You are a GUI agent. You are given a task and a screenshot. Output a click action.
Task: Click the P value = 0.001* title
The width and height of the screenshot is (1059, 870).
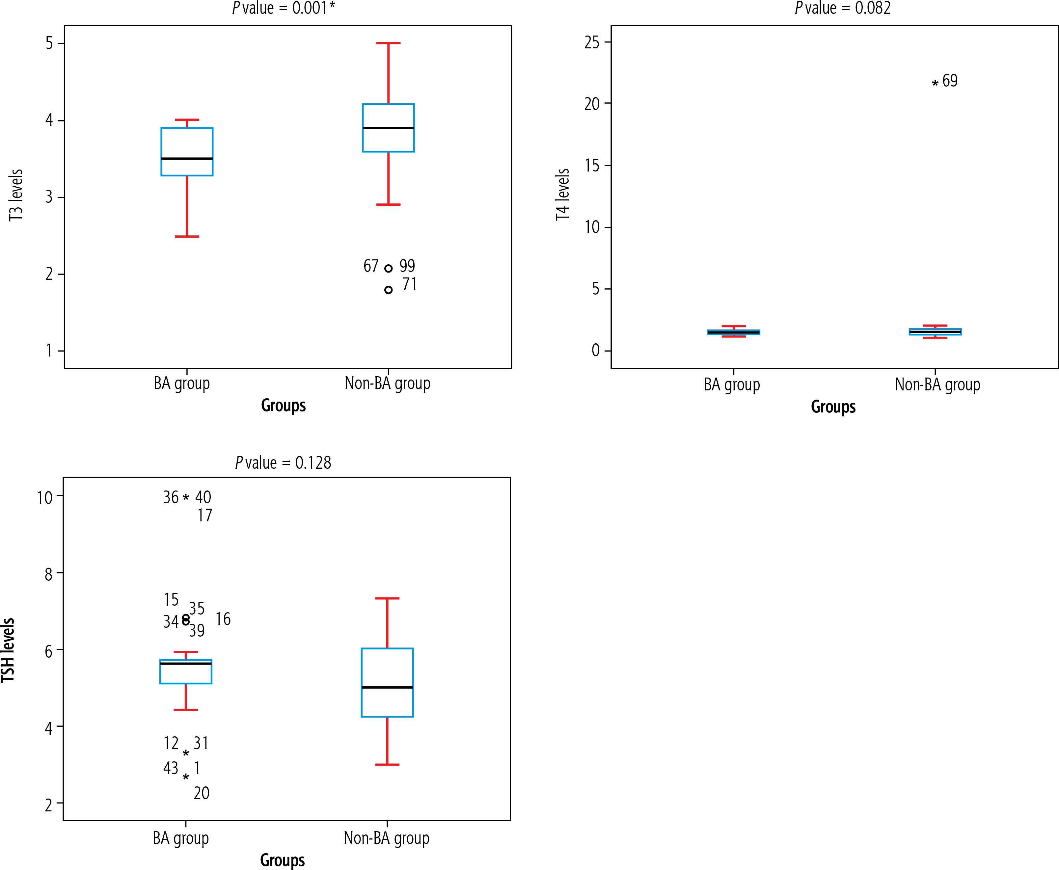click(x=283, y=8)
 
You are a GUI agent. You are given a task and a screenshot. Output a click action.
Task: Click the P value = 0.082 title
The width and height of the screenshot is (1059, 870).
click(x=843, y=8)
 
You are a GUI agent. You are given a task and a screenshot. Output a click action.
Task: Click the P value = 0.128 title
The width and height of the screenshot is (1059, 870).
click(x=283, y=462)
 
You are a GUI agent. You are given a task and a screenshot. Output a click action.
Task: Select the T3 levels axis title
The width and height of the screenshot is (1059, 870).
click(x=16, y=196)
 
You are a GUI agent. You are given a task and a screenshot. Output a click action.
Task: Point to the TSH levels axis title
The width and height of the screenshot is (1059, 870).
click(x=8, y=650)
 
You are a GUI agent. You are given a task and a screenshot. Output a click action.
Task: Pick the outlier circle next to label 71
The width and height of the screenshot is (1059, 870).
click(x=388, y=290)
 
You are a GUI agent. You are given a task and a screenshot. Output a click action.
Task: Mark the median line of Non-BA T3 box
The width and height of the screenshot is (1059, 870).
click(x=388, y=128)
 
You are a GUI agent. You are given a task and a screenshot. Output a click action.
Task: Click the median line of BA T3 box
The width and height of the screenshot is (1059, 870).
click(x=187, y=158)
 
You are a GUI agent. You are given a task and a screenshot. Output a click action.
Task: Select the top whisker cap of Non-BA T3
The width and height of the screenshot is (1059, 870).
click(x=388, y=43)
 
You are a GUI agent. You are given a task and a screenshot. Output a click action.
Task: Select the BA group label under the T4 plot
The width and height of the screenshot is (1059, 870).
click(x=732, y=384)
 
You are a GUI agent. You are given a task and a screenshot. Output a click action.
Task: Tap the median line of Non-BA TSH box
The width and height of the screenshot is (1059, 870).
click(x=387, y=687)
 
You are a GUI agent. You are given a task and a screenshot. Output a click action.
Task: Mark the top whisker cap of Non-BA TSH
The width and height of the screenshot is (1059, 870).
click(x=387, y=598)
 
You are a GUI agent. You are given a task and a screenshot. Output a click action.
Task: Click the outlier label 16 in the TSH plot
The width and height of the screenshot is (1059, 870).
click(x=223, y=620)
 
